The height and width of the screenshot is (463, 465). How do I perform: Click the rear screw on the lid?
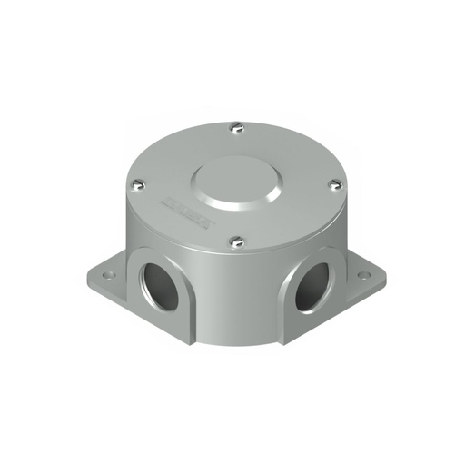click(x=236, y=126)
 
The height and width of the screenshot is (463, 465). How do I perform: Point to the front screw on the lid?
click(x=236, y=241)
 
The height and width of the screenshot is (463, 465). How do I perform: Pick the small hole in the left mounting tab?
click(x=108, y=271)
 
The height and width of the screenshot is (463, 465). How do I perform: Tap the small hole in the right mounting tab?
click(x=365, y=272)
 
